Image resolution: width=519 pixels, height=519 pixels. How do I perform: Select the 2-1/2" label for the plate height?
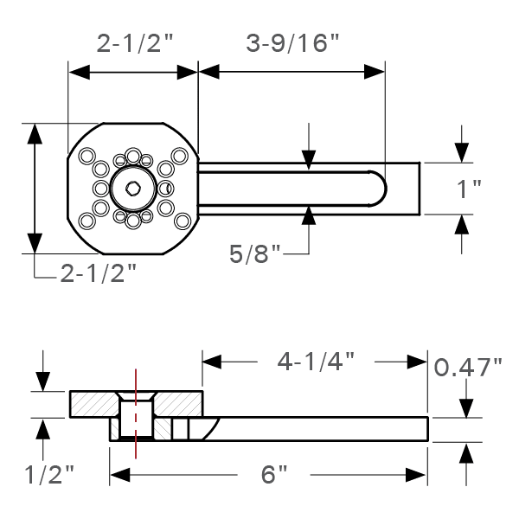pos(99,275)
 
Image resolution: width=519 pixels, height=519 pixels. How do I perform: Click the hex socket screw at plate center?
pos(133,188)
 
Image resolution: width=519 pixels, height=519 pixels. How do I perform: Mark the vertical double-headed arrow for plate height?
pos(35,188)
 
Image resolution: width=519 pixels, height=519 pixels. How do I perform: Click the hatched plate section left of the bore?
pos(93,403)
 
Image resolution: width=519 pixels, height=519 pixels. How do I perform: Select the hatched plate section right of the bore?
pos(177,403)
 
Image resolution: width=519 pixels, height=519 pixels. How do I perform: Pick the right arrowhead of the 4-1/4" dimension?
pos(420,360)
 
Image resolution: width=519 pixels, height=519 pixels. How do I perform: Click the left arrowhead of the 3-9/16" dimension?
pos(208,74)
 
